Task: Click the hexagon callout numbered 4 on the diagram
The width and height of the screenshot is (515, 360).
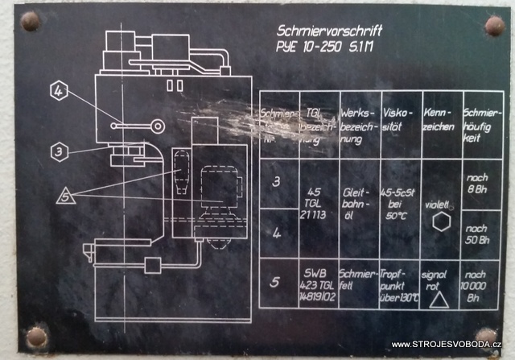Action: (58, 92)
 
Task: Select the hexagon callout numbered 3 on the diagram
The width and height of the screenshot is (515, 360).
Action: (57, 150)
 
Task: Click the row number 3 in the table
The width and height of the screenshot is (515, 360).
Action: (276, 181)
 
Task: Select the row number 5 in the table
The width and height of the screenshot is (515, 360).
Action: (276, 283)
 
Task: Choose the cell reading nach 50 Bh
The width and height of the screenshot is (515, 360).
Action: (478, 234)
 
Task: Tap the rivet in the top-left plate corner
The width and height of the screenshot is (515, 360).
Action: (30, 20)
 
